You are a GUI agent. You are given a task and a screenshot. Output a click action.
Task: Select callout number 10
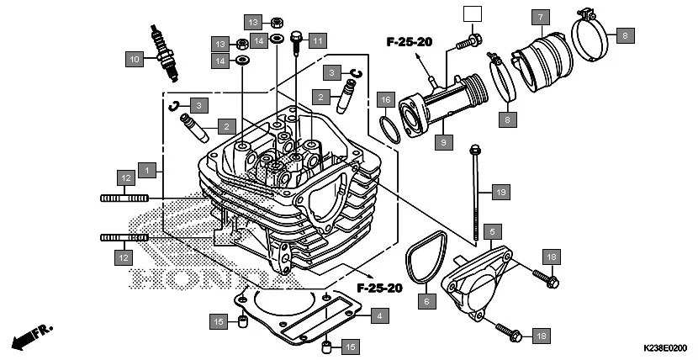coord(134,59)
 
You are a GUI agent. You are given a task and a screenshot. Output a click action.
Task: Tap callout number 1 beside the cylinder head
coord(147,171)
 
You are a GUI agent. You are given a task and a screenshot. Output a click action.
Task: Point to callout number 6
coord(426,300)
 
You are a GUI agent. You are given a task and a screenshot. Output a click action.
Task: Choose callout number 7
coord(541,16)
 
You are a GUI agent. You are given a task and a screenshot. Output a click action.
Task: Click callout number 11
coord(317,40)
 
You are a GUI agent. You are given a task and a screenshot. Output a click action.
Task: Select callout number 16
coord(384,99)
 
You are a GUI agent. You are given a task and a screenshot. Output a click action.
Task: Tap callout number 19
coord(500,193)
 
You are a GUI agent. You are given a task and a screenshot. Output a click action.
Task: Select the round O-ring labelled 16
coord(389,130)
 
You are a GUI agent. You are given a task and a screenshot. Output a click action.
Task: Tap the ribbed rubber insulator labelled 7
coord(542,59)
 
